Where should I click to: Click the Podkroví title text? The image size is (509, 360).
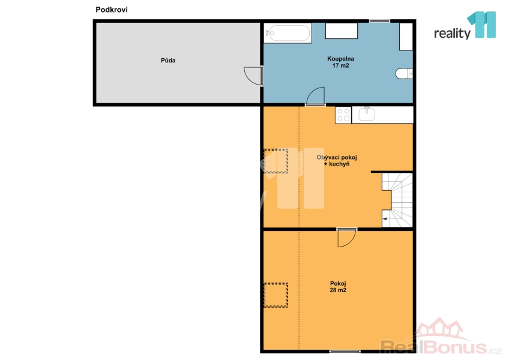point(112,10)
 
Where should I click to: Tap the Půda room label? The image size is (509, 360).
point(168,61)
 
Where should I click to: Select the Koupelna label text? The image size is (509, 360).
point(340,59)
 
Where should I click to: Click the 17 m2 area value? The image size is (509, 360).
point(340,65)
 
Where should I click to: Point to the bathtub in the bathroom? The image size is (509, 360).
point(288,33)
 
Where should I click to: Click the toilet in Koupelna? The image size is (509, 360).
point(404,74)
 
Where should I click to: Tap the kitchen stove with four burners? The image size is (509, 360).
point(343,115)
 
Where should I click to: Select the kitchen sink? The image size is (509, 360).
point(367,114)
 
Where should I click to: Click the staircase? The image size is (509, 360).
point(397,200)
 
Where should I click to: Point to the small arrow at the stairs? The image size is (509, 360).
point(385,219)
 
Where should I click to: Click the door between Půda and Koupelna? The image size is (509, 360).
point(254,76)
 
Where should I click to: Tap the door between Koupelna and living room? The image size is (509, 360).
point(316,97)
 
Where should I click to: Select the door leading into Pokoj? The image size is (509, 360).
point(347,238)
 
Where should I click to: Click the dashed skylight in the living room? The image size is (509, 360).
point(276,161)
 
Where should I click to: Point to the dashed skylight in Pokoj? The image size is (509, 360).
point(276,295)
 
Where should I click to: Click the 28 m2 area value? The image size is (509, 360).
point(338,290)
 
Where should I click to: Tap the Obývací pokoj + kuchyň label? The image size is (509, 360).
point(337,161)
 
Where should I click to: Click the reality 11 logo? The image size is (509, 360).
point(465,26)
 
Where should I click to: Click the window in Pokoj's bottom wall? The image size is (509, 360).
point(345,351)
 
